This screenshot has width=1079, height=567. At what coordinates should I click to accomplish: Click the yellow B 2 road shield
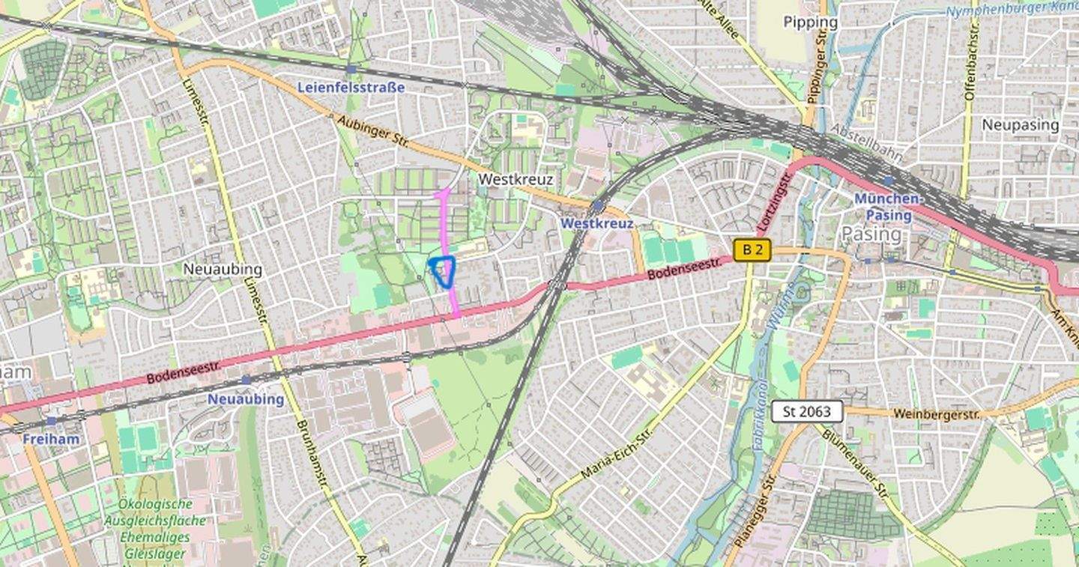click(752, 250)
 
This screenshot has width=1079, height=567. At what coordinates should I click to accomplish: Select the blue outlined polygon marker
click(444, 271)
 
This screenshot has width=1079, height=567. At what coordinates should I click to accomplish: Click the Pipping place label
click(810, 22)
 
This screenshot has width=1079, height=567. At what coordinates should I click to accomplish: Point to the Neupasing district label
click(1021, 124)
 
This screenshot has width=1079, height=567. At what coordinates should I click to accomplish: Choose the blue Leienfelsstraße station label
click(351, 87)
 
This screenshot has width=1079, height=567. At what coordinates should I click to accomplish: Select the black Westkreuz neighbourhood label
click(516, 180)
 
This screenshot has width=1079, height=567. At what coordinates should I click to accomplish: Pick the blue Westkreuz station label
click(597, 223)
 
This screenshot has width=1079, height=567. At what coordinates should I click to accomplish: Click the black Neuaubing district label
click(223, 269)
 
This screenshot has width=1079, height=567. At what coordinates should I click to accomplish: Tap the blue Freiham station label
click(50, 439)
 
